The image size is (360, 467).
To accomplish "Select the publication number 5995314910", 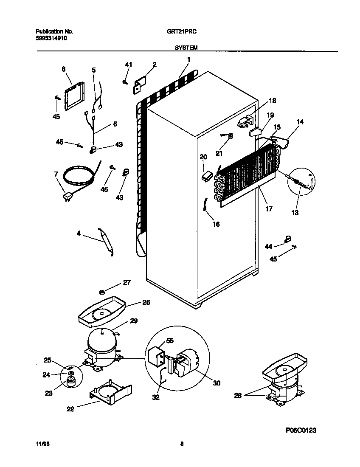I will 51,38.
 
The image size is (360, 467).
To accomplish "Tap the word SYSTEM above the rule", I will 186,48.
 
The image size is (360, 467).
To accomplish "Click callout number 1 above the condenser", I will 188,60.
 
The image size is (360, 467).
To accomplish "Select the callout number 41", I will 129,65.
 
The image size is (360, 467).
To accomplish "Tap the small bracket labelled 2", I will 140,84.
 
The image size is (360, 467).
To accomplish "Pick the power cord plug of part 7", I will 67,197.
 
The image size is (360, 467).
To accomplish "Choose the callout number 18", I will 272,101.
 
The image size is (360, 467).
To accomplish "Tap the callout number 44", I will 268,246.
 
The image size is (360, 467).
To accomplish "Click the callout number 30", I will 217,383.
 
